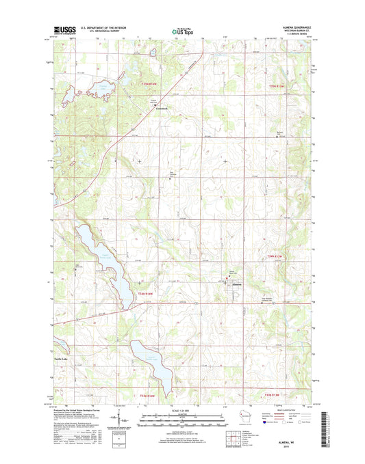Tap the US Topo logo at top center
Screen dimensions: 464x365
click(182, 30)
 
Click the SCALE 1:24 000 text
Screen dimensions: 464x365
click(181, 411)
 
